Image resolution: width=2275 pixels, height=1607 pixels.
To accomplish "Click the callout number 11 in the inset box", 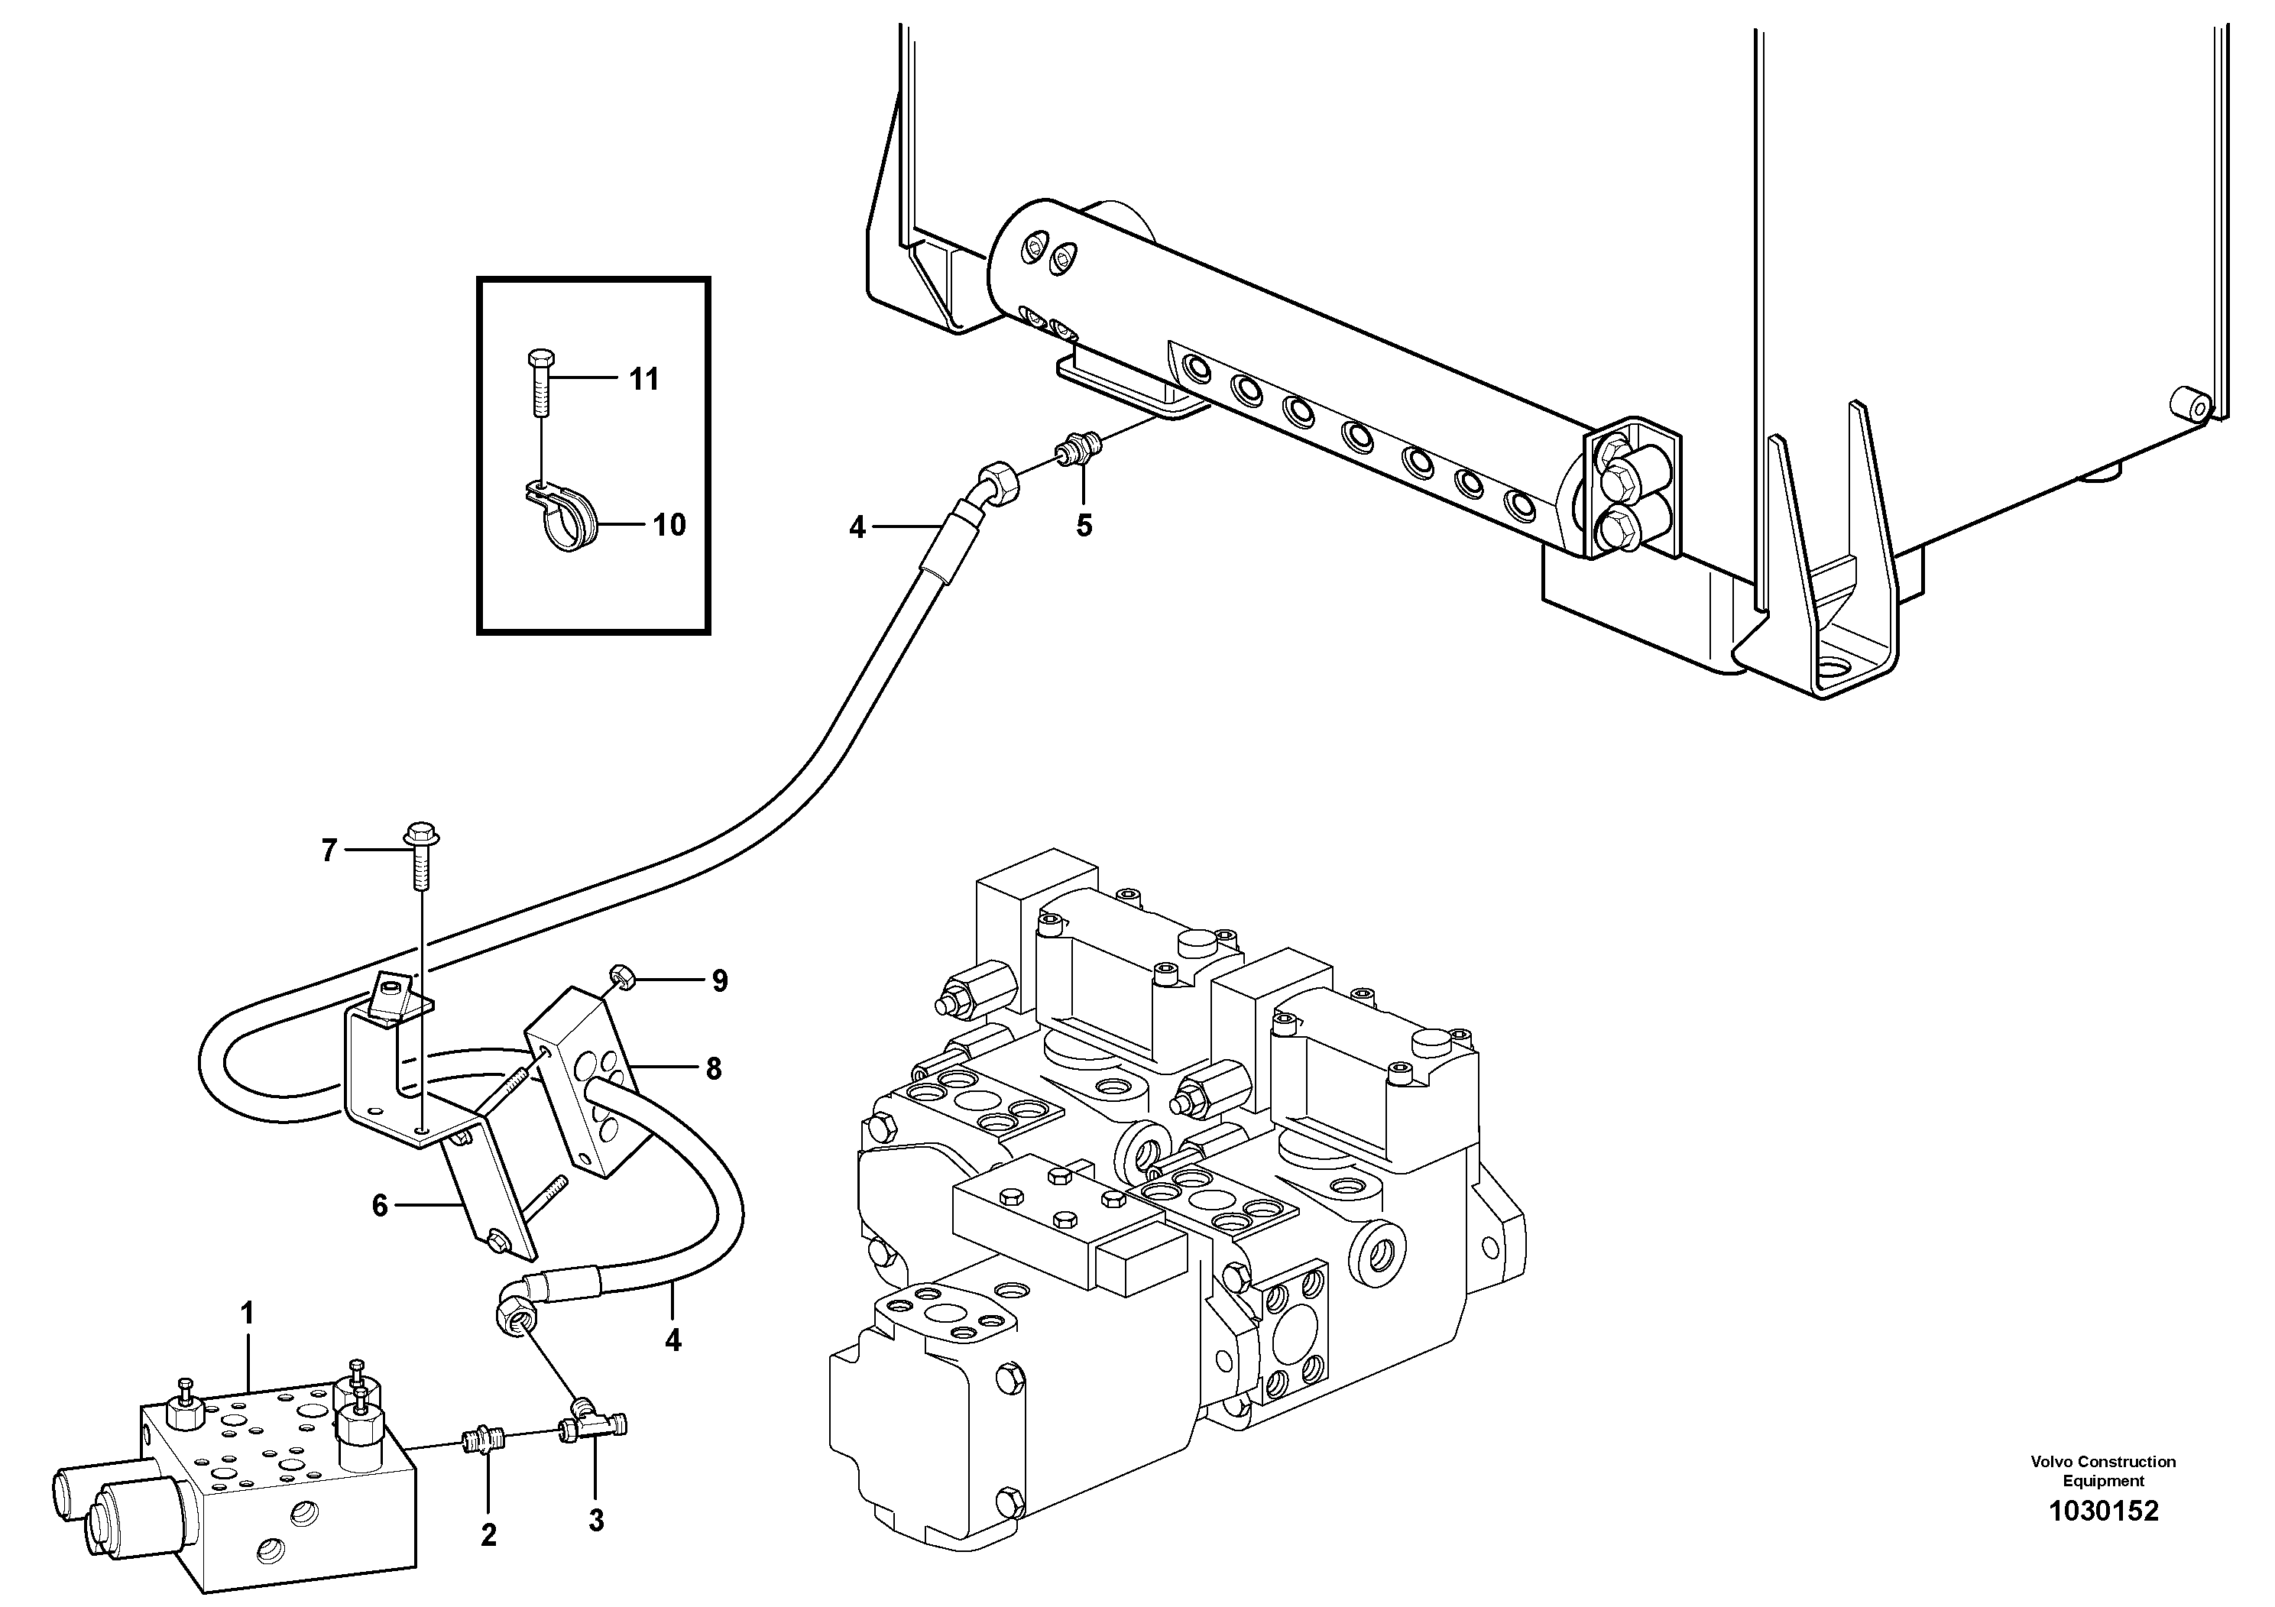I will click(644, 380).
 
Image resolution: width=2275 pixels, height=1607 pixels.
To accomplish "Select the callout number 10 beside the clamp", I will click(669, 525).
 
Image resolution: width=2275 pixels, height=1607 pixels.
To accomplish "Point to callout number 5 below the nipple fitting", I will click(1084, 526).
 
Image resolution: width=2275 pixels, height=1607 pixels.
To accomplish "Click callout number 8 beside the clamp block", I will click(714, 1068).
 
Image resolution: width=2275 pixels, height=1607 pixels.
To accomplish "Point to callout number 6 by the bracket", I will click(380, 1206).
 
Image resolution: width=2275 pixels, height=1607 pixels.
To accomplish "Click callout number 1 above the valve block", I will click(247, 1314).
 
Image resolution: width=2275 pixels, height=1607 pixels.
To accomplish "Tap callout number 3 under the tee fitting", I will click(595, 1521).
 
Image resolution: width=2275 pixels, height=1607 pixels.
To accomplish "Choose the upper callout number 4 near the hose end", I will click(857, 528).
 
